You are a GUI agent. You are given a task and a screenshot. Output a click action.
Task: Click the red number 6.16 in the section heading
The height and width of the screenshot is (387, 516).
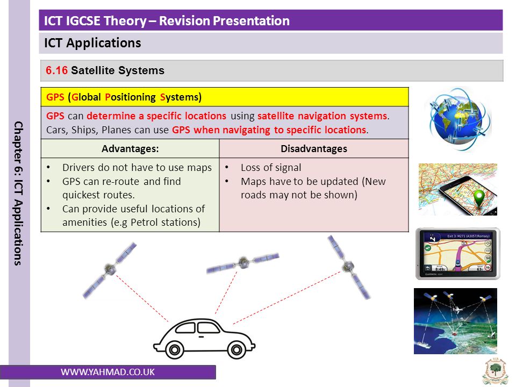coord(56,70)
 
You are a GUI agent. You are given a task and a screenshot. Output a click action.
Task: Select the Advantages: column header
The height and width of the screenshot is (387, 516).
coord(130,149)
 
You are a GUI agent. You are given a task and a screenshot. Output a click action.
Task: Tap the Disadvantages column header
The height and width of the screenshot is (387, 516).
coord(314,149)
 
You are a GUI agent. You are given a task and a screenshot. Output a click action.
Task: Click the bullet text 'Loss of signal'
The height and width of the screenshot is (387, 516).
coord(271,168)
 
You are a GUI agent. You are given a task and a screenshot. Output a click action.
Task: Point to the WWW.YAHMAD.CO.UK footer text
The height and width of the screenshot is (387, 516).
coord(107,372)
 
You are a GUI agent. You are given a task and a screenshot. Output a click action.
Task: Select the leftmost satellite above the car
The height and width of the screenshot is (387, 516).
coord(109,270)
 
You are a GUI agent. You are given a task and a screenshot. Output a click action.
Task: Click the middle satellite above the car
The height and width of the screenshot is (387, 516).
coord(243,263)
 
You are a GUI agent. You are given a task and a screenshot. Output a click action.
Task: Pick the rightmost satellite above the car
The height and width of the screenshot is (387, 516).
coord(349,267)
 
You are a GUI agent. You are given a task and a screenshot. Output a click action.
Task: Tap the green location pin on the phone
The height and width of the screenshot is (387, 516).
coord(479,197)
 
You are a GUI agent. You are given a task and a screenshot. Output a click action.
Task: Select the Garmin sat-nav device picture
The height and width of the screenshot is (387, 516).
coord(458,254)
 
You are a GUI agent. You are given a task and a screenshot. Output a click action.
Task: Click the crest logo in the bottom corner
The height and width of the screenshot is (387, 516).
coord(496,372)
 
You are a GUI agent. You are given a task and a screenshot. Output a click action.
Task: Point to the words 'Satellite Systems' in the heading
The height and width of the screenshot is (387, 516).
coord(118,70)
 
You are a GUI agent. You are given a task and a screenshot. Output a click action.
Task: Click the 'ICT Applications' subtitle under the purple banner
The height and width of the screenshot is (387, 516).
coord(92,43)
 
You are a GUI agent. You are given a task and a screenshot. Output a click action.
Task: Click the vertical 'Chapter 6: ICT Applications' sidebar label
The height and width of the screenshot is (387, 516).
coord(18,193)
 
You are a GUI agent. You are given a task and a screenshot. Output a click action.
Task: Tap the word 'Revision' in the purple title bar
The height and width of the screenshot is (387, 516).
coord(183,21)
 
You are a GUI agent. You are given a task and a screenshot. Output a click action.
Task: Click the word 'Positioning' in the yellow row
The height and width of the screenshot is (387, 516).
coord(130,97)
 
